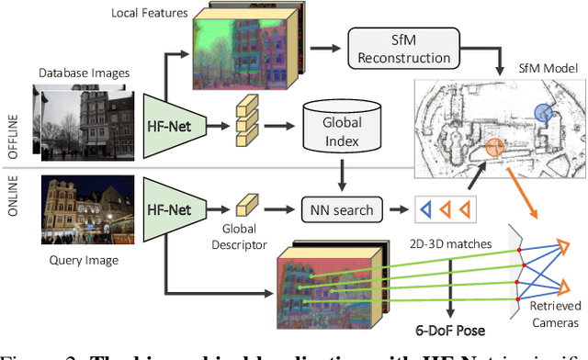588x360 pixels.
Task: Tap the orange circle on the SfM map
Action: click(x=494, y=146)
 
